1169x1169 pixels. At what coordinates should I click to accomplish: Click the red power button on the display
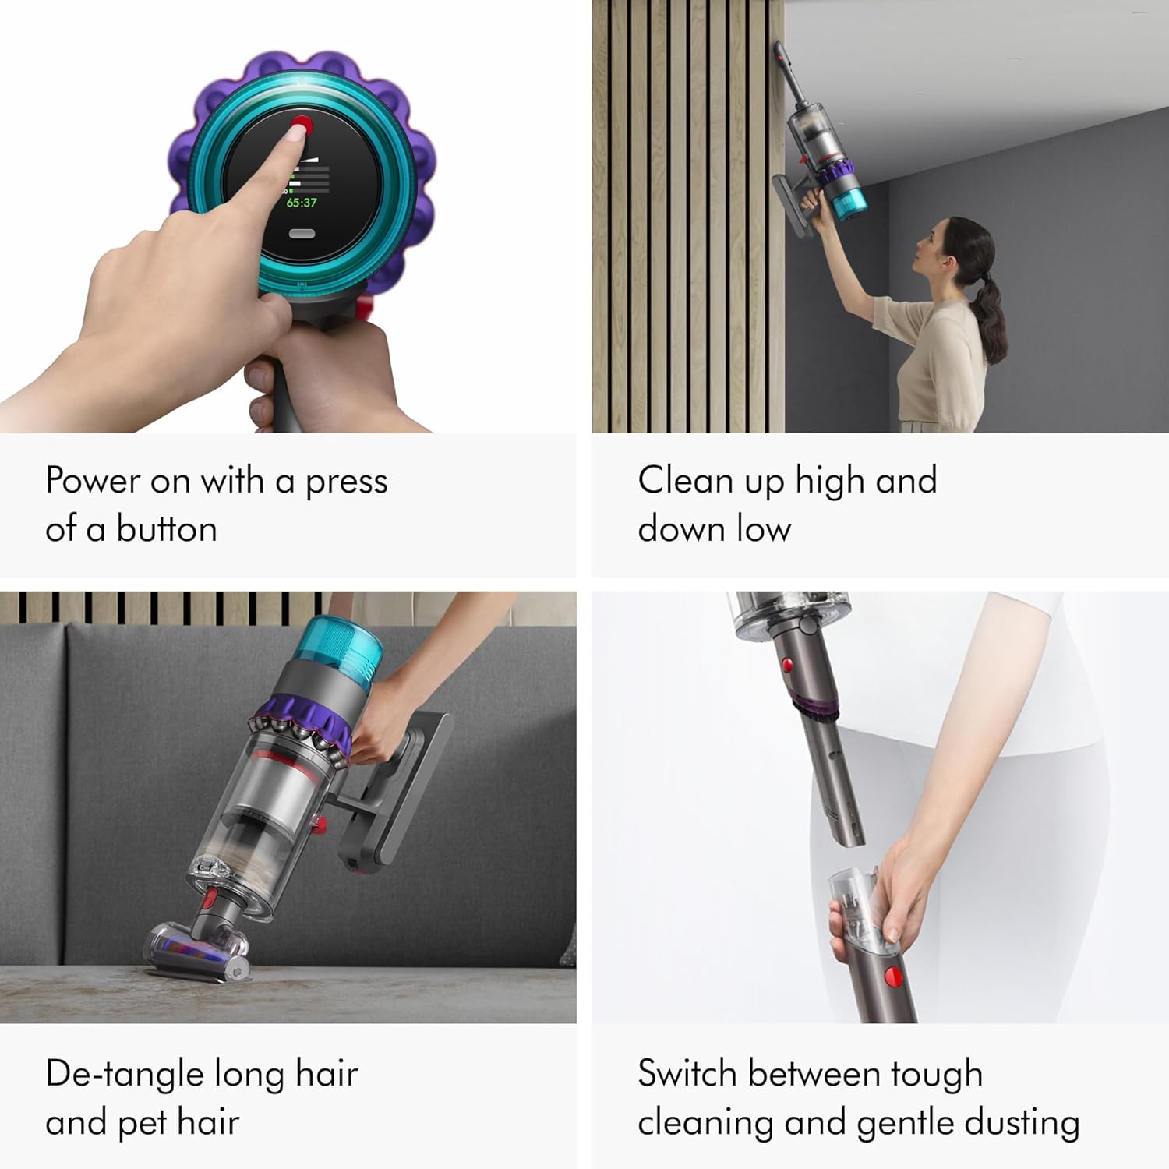pyautogui.click(x=302, y=125)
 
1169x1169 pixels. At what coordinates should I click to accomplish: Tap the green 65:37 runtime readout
pyautogui.click(x=302, y=203)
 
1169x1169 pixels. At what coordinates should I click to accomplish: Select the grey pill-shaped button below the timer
pyautogui.click(x=302, y=234)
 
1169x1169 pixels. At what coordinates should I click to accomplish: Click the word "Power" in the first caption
pyautogui.click(x=92, y=480)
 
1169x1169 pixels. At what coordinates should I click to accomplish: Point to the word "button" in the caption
pyautogui.click(x=167, y=529)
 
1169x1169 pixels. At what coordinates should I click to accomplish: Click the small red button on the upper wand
pyautogui.click(x=787, y=665)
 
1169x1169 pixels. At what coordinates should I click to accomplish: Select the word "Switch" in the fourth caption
pyautogui.click(x=687, y=1074)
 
